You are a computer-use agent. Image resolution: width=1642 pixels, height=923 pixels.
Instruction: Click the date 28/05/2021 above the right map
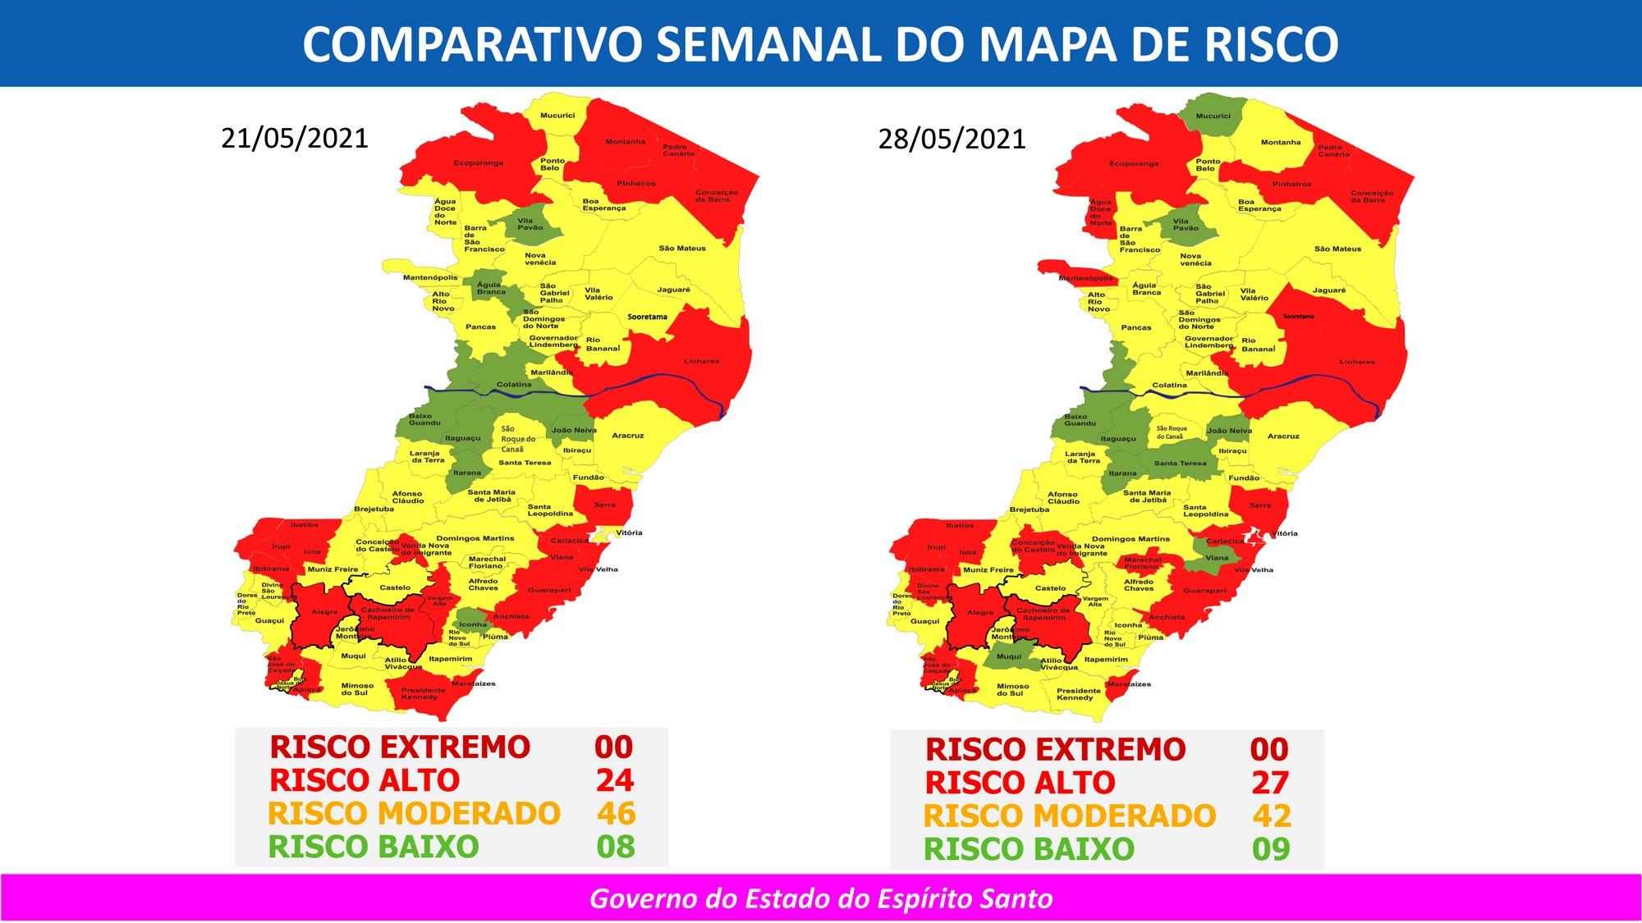[952, 139]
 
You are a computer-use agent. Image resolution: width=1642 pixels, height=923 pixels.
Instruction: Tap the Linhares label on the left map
[701, 361]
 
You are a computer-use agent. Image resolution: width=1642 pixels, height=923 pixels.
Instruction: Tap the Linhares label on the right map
[1356, 362]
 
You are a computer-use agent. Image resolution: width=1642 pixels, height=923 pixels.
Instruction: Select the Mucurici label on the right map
[1213, 117]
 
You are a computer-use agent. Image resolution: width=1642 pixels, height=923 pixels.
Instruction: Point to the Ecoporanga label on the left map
[479, 162]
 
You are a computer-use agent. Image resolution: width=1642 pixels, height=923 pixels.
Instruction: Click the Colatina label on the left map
[514, 385]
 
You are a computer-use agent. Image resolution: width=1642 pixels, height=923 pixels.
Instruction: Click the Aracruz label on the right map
[1283, 436]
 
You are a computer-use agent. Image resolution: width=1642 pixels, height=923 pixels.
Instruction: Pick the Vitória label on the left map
[629, 532]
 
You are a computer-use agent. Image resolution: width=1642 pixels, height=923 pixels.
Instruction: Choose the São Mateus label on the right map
[1337, 249]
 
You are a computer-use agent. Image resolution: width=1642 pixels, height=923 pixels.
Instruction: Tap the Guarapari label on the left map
[549, 590]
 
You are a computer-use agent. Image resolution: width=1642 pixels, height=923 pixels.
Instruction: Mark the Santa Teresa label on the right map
[1181, 463]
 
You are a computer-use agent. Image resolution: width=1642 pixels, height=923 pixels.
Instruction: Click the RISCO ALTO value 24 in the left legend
[615, 779]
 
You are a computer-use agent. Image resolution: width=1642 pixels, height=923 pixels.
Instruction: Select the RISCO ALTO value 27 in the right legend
[1270, 783]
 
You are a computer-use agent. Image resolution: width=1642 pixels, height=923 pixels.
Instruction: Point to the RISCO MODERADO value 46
[616, 813]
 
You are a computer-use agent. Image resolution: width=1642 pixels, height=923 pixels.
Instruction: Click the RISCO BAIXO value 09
[1271, 848]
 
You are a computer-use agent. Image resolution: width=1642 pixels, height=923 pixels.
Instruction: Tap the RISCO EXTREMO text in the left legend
[400, 747]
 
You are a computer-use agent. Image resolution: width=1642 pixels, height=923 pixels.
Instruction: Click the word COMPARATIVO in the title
[470, 43]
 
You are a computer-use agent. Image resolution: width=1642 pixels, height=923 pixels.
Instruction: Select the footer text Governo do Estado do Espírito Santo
[821, 898]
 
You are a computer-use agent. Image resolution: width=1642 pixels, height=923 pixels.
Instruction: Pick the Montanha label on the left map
[625, 141]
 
